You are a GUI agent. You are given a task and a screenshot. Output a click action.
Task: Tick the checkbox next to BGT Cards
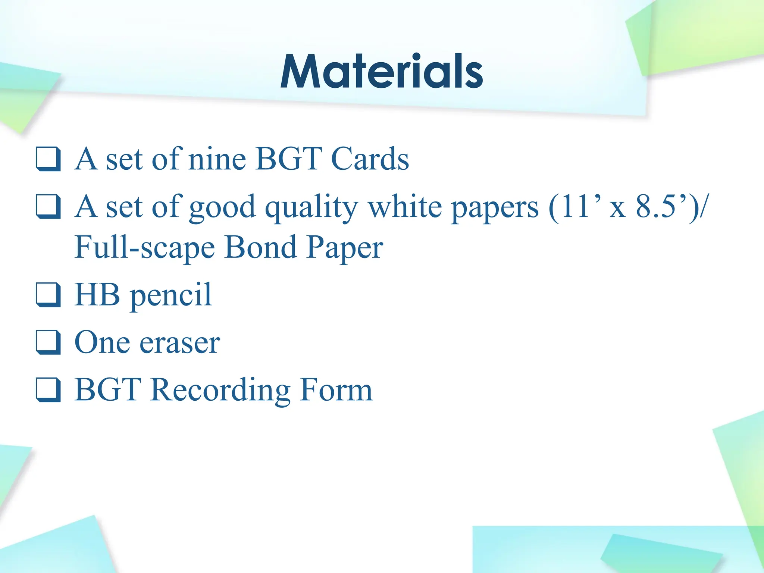tap(48, 159)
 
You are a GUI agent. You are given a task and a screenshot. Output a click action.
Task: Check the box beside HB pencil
tap(48, 295)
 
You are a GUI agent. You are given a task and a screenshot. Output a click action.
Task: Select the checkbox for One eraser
tap(48, 342)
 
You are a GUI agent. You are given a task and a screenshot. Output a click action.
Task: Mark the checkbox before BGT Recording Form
tap(48, 390)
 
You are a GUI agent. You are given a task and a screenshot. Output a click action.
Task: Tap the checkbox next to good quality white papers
tap(48, 206)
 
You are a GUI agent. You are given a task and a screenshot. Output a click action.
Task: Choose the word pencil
tap(170, 296)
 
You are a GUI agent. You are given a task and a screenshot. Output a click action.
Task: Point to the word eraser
tap(179, 343)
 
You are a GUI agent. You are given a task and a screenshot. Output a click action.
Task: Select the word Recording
tap(220, 391)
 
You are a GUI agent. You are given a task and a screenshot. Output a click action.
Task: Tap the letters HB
tap(97, 295)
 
